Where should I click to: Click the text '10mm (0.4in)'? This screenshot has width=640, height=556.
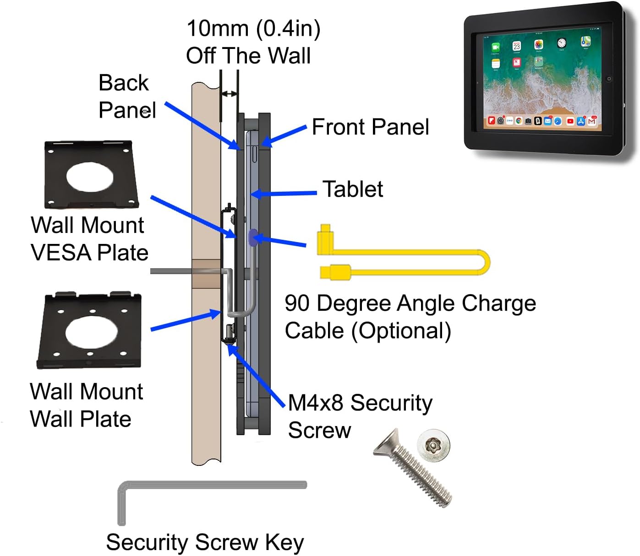pyautogui.click(x=253, y=29)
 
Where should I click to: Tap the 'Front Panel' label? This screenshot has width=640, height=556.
pyautogui.click(x=370, y=127)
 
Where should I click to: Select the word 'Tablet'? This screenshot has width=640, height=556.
pyautogui.click(x=353, y=189)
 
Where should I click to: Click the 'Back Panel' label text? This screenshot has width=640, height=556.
pyautogui.click(x=127, y=97)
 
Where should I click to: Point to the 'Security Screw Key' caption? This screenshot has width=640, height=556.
pyautogui.click(x=205, y=543)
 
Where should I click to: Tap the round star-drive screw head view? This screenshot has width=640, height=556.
pyautogui.click(x=433, y=445)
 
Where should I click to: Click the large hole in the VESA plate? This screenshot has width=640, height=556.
pyautogui.click(x=90, y=176)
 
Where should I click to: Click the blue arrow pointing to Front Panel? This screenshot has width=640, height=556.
pyautogui.click(x=284, y=136)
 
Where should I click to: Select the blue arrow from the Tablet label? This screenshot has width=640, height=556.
pyautogui.click(x=284, y=194)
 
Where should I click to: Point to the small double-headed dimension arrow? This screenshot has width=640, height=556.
pyautogui.click(x=229, y=94)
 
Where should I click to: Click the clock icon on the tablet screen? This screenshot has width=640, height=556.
pyautogui.click(x=562, y=43)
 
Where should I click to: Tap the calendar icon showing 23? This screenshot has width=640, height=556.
pyautogui.click(x=516, y=46)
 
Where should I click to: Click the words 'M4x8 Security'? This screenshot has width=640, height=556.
pyautogui.click(x=360, y=403)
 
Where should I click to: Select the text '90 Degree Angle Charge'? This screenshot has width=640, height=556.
pyautogui.click(x=410, y=303)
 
